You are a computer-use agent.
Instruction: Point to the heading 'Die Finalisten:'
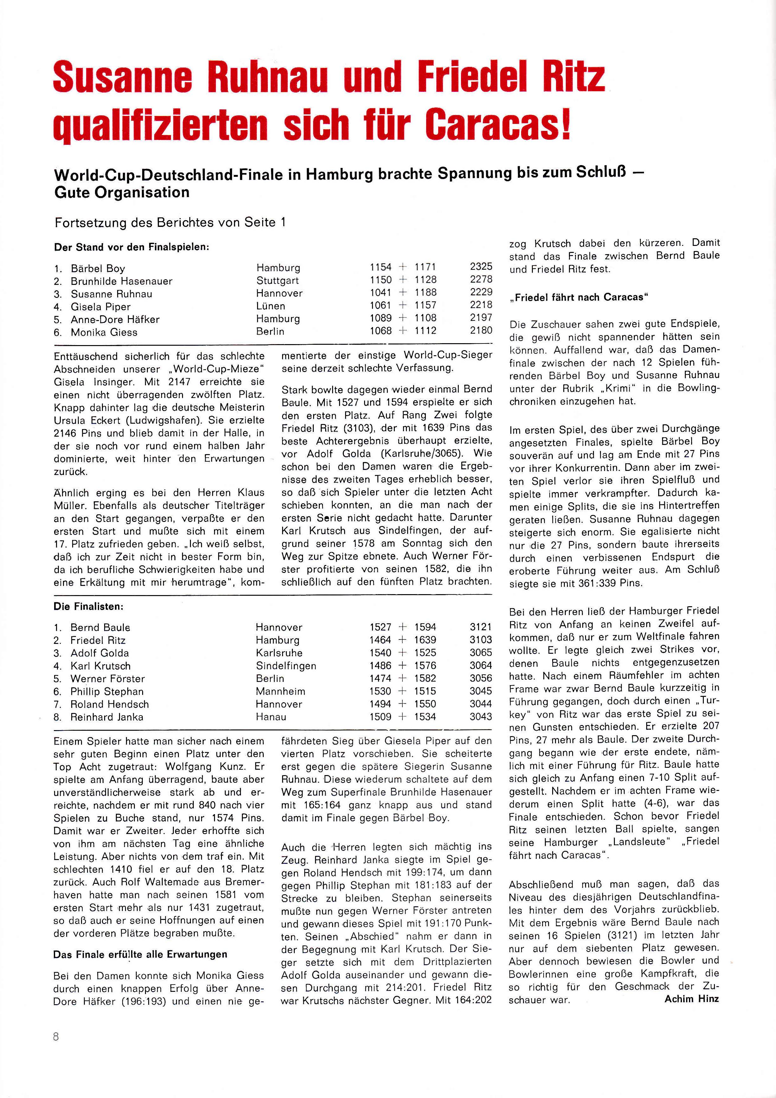pyautogui.click(x=88, y=607)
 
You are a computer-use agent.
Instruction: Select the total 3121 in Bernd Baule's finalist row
pyautogui.click(x=480, y=627)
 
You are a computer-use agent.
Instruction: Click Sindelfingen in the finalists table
pyautogui.click(x=286, y=666)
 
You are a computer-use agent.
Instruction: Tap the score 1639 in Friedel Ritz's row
pyautogui.click(x=425, y=640)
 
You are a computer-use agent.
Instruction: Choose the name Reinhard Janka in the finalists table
pyautogui.click(x=107, y=717)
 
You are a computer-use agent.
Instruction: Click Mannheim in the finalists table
pyautogui.click(x=280, y=691)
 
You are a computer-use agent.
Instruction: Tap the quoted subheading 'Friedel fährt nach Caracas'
pyautogui.click(x=579, y=297)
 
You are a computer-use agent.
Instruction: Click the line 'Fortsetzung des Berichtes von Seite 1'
pyautogui.click(x=170, y=222)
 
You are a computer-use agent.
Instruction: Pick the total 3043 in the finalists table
pyautogui.click(x=480, y=717)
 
